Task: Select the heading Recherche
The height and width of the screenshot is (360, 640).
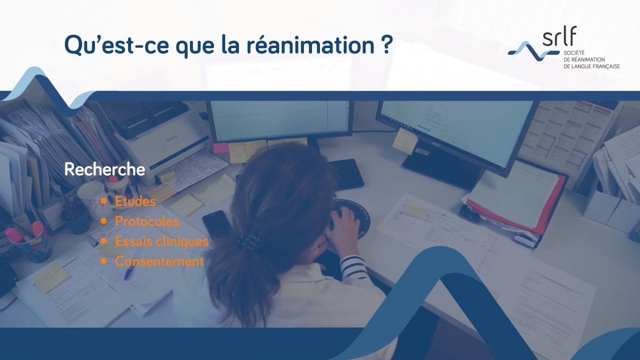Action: pyautogui.click(x=105, y=170)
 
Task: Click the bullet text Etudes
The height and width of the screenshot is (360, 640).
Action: pyautogui.click(x=135, y=202)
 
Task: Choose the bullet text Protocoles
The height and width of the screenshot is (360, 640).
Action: pyautogui.click(x=147, y=221)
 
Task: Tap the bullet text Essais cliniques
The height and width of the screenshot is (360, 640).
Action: pyautogui.click(x=162, y=242)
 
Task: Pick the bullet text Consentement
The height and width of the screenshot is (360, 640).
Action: pyautogui.click(x=159, y=262)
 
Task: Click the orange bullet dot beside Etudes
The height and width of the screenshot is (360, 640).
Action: pyautogui.click(x=103, y=202)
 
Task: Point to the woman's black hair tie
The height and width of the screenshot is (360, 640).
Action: pyautogui.click(x=247, y=242)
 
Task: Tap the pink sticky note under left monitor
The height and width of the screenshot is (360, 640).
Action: pyautogui.click(x=220, y=148)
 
